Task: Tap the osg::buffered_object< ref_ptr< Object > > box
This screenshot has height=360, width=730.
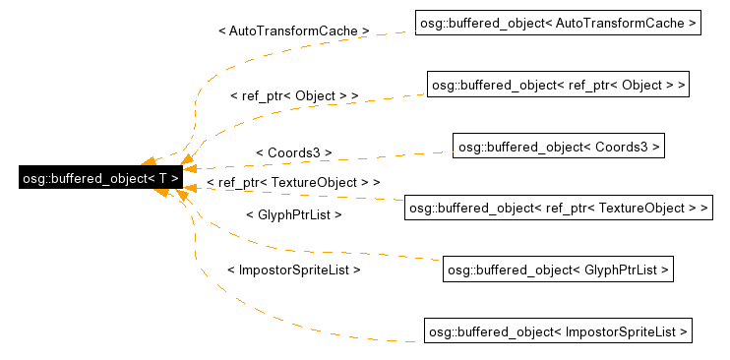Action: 557,85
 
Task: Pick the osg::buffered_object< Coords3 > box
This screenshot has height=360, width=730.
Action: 558,147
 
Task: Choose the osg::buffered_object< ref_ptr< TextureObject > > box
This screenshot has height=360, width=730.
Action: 558,208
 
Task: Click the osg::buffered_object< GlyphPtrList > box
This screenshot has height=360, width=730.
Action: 558,269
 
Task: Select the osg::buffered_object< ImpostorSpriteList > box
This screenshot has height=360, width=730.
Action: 558,331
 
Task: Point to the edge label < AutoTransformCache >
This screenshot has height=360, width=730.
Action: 293,30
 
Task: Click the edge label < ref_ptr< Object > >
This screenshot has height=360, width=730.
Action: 293,95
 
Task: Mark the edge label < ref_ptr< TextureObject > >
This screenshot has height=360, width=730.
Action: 293,183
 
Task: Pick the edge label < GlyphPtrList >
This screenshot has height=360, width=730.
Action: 293,213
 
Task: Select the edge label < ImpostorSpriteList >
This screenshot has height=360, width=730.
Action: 293,269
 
